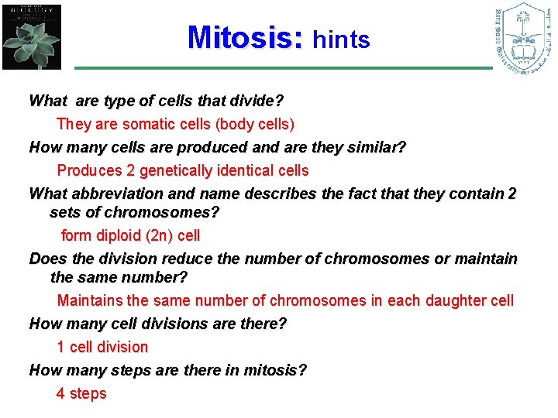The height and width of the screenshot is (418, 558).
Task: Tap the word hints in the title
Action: click(341, 39)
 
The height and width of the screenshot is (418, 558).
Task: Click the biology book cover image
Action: click(31, 36)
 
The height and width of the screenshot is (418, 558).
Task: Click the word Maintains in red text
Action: click(91, 300)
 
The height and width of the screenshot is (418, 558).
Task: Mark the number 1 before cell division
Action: click(60, 347)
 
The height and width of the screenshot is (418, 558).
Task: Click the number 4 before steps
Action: click(60, 393)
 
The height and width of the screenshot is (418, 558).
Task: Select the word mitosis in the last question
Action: click(271, 370)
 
